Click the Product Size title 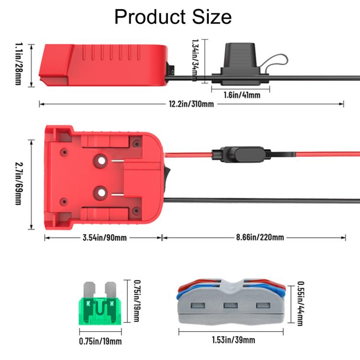coord(173,17)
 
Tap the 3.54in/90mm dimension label coord(104,238)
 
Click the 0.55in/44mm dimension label coord(300,303)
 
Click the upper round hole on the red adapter coord(101,159)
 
